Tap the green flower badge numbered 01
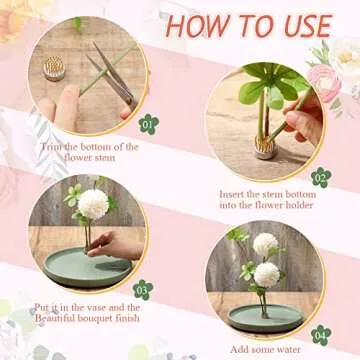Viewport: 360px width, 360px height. click(x=149, y=124)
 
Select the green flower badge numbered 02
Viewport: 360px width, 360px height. click(x=321, y=177)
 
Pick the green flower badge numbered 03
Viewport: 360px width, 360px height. click(x=143, y=290)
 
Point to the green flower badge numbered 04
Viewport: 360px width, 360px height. click(x=321, y=335)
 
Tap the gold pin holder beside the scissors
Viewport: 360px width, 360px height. click(x=54, y=68)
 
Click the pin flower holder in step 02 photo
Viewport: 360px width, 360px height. click(x=265, y=147)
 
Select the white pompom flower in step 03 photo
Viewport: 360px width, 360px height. click(x=93, y=204)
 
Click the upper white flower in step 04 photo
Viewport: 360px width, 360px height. click(x=265, y=244)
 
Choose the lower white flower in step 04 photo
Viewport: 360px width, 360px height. click(x=267, y=275)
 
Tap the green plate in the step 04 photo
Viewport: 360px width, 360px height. click(x=266, y=318)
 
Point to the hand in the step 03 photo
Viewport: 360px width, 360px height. click(x=115, y=245)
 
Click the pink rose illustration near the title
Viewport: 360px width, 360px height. click(x=324, y=83)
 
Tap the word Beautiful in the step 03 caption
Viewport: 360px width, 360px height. click(x=55, y=318)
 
